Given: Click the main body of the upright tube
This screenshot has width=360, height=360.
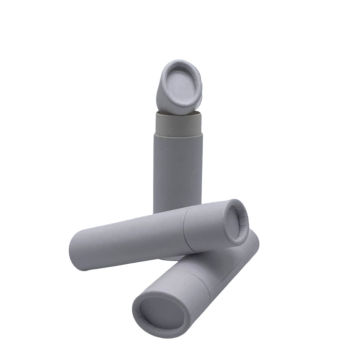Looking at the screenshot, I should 177,171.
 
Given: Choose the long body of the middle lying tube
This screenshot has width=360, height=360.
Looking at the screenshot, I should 130,238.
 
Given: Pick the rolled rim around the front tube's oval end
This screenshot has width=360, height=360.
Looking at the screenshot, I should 137,315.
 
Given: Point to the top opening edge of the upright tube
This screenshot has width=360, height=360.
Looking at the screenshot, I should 178,112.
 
